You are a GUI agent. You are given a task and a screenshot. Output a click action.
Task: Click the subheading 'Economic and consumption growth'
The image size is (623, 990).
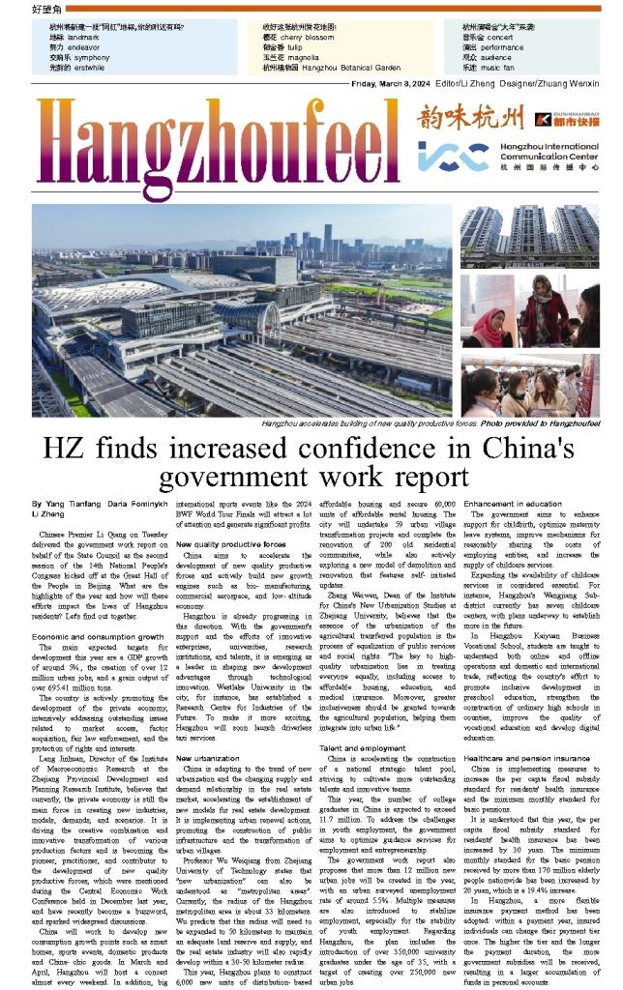97,611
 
